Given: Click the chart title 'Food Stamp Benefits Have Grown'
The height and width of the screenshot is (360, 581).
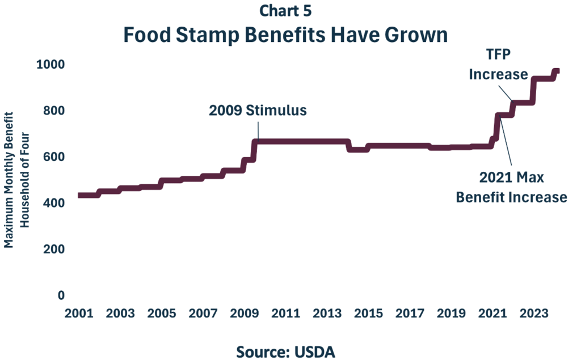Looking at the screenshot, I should pos(285,36).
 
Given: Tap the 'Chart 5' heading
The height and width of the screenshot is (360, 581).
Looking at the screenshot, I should pos(285,10).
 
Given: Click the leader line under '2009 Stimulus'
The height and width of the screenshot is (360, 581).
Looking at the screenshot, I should pos(259,129).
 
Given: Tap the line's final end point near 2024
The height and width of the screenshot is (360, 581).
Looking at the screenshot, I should pos(558,71).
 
